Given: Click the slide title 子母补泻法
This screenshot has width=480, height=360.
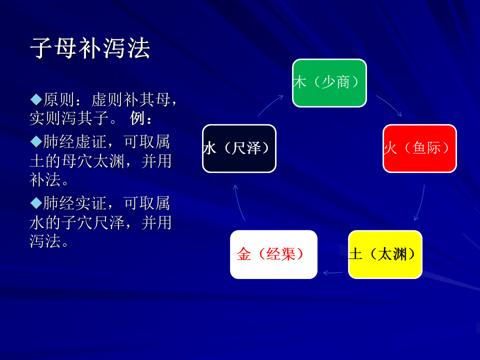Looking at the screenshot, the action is pyautogui.click(x=89, y=48).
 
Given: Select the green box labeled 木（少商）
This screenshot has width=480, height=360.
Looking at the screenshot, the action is pyautogui.click(x=329, y=83).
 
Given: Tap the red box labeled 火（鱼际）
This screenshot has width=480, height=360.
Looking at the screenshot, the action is pyautogui.click(x=419, y=148).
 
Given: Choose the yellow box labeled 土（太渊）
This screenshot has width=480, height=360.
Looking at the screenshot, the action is pyautogui.click(x=385, y=254).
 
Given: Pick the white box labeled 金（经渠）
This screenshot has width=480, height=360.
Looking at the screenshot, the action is pyautogui.click(x=273, y=254).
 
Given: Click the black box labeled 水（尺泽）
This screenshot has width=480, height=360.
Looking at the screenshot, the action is pyautogui.click(x=239, y=148).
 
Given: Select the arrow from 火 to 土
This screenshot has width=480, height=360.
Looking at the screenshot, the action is pyautogui.click(x=421, y=203).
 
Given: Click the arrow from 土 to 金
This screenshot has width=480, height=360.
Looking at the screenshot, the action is pyautogui.click(x=333, y=272).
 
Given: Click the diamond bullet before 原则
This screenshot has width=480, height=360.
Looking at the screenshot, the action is pyautogui.click(x=36, y=99).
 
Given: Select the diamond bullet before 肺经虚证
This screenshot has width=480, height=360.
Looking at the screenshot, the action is pyautogui.click(x=36, y=141).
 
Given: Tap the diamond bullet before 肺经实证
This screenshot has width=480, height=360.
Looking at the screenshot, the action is pyautogui.click(x=36, y=203).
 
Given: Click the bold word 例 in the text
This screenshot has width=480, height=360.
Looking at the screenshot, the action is pyautogui.click(x=137, y=118).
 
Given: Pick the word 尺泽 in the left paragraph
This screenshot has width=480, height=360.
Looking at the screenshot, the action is pyautogui.click(x=108, y=222).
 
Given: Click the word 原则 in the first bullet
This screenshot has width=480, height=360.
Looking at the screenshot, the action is pyautogui.click(x=58, y=99).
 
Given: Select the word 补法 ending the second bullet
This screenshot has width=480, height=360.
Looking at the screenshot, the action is pyautogui.click(x=45, y=179).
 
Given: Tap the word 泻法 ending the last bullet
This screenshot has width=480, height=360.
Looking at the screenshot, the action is pyautogui.click(x=45, y=241).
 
